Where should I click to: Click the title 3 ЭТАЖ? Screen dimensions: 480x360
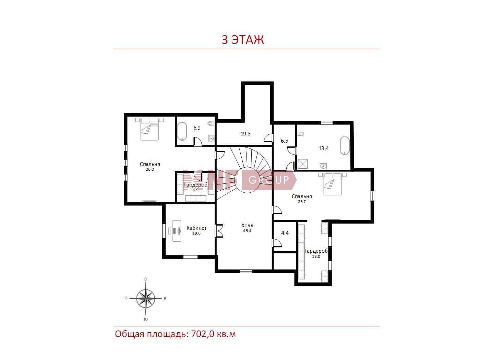(243, 39)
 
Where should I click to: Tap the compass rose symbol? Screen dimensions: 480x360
(146, 298)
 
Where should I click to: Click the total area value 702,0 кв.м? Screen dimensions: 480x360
(214, 334)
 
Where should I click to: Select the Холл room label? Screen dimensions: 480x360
(247, 225)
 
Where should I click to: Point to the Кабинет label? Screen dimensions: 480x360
(196, 228)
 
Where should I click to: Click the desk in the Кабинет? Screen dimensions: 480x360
(176, 231)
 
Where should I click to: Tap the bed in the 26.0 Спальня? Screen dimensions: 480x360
(149, 129)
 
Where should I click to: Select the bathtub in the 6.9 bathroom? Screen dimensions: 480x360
(182, 131)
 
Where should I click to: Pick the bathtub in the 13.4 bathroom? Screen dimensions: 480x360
(345, 146)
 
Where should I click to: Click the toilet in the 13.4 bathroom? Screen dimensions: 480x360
(301, 134)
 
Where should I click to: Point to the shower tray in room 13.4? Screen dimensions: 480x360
(303, 164)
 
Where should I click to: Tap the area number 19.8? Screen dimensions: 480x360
(245, 133)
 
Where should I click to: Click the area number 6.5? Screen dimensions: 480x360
(284, 141)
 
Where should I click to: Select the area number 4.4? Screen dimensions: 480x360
(285, 233)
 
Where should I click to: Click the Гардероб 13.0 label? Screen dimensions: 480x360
(316, 253)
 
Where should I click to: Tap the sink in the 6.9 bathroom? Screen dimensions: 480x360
(211, 139)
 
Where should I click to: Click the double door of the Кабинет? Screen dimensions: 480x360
(219, 231)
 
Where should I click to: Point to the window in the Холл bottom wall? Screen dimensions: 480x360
(246, 271)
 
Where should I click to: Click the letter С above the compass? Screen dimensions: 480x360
(146, 279)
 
